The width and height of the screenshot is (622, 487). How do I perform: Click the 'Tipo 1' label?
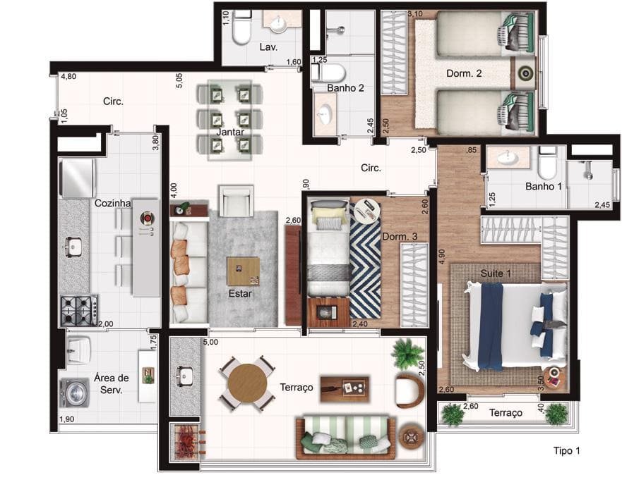point(566,450)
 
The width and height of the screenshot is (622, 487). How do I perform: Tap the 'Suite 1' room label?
point(496,273)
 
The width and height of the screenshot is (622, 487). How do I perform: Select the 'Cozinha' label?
point(112,203)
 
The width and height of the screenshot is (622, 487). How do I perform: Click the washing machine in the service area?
point(75,393)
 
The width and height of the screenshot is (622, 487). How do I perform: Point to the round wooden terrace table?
point(248,383)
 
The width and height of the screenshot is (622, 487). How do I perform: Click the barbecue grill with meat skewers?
point(186,442)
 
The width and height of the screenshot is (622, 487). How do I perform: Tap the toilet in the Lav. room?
point(241,27)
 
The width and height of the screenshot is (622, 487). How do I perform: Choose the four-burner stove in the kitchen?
point(78,310)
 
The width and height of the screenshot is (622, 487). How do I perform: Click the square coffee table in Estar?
point(243,271)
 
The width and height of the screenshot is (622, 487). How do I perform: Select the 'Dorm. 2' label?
point(464,73)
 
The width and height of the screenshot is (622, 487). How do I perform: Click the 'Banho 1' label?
point(544,186)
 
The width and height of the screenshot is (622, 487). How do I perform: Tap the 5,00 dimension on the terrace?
point(210,342)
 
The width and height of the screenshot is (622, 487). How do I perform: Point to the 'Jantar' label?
point(230,132)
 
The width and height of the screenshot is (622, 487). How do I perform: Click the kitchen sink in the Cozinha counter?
point(73,246)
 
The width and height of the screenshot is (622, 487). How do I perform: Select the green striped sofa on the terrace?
point(345,437)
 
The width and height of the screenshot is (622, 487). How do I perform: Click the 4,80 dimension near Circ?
point(68,76)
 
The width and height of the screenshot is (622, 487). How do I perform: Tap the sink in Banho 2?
point(325,113)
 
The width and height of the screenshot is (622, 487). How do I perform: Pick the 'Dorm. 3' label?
point(400,237)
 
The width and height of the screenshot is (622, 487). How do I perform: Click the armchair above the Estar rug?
point(236,201)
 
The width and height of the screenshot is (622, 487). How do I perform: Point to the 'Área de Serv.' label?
point(112,383)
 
